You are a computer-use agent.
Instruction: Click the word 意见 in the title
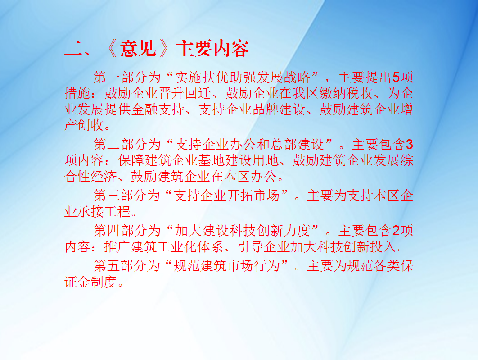click(138, 49)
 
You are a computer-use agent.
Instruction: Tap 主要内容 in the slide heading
click(212, 49)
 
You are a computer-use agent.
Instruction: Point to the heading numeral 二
click(73, 49)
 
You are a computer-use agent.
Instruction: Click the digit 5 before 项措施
click(396, 77)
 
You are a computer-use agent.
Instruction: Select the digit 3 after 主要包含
click(410, 144)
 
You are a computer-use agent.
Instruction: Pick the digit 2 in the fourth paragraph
click(396, 230)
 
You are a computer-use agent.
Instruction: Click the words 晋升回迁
click(185, 93)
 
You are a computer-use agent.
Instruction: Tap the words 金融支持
click(158, 109)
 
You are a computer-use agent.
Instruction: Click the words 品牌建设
click(279, 109)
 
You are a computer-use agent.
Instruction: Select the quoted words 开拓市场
click(253, 195)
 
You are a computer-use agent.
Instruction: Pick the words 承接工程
click(104, 211)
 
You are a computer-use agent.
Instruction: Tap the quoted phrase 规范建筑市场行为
click(226, 266)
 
